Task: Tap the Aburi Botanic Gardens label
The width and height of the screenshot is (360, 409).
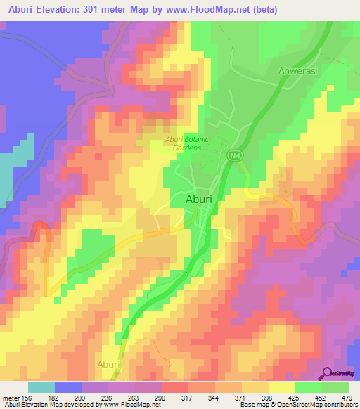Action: (184, 144)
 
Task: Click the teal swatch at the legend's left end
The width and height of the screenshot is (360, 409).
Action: (41, 387)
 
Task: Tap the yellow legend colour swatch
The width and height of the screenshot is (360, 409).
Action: (281, 387)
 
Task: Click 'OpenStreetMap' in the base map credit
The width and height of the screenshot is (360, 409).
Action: (297, 405)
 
